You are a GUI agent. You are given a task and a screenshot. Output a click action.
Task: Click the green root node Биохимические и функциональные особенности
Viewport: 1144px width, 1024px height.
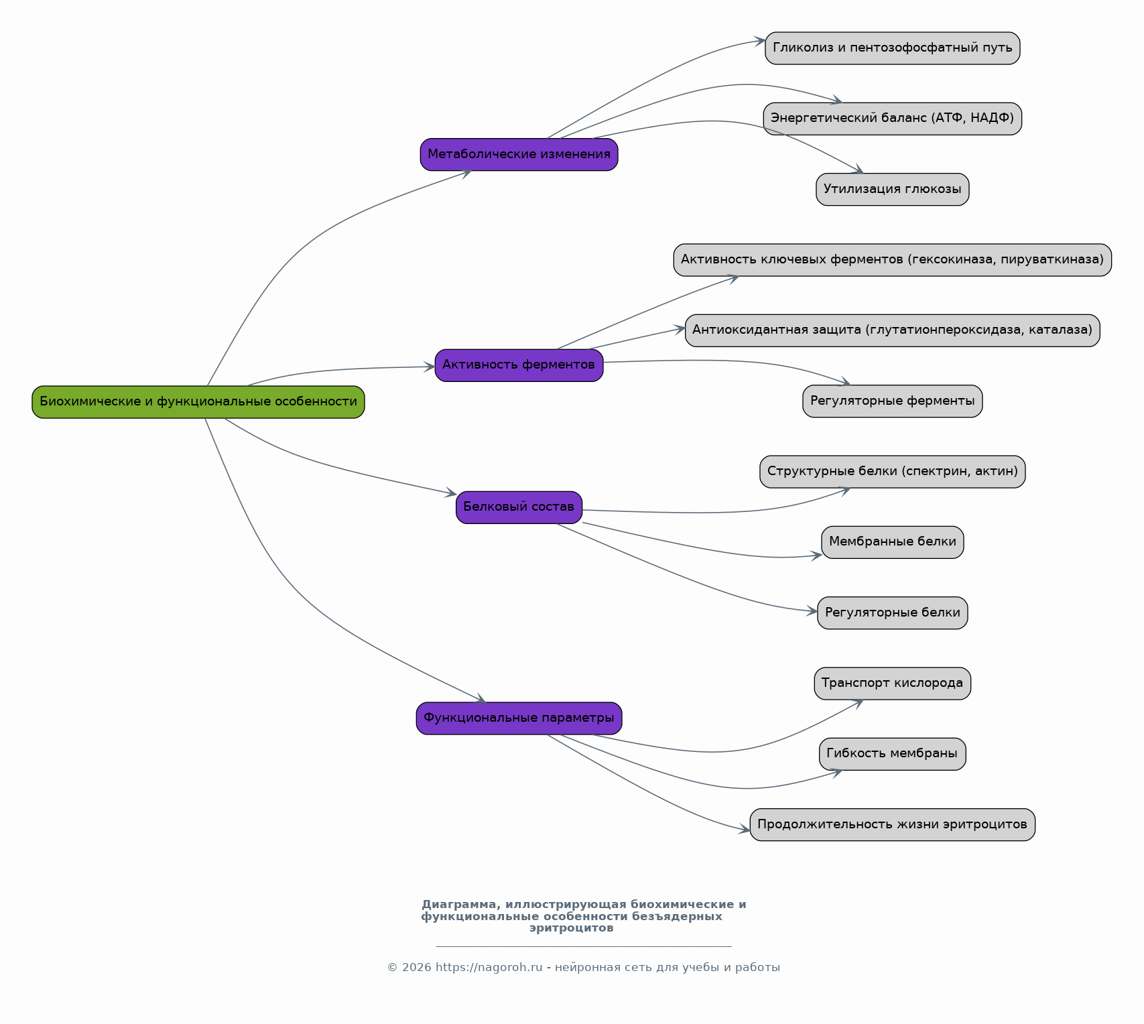198,402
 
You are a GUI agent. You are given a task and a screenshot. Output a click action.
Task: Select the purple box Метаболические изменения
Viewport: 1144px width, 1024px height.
519,155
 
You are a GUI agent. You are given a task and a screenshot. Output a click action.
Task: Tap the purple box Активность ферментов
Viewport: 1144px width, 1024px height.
519,365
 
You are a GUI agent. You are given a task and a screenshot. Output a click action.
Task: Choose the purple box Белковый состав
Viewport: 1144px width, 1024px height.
519,507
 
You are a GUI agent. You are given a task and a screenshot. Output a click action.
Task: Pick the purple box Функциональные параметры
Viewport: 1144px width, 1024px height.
519,718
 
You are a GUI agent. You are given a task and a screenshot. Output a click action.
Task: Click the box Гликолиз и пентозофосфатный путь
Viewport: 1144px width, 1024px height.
893,48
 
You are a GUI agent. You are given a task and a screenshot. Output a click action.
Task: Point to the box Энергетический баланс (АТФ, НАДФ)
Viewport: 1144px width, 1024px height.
893,119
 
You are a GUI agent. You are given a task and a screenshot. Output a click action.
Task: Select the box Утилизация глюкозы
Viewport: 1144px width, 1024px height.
893,189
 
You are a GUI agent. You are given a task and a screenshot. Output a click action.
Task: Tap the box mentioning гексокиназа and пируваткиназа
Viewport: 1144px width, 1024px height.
893,260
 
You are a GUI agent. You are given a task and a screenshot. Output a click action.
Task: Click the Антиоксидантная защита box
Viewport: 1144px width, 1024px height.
893,330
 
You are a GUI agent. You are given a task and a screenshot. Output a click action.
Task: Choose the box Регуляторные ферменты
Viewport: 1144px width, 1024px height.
893,401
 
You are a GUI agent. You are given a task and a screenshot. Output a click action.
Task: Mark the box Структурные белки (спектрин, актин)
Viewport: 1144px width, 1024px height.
893,472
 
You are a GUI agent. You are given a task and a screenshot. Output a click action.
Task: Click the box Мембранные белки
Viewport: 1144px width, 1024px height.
893,542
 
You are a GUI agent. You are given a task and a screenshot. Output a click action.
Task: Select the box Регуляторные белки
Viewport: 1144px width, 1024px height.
893,613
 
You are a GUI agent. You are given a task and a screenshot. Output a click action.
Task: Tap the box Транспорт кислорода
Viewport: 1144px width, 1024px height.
893,684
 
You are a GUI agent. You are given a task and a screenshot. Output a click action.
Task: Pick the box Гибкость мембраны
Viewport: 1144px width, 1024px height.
893,754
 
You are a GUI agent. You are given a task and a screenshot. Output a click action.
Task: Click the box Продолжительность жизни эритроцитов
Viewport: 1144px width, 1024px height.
893,824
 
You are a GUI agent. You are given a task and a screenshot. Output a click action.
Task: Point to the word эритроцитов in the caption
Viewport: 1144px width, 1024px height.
572,928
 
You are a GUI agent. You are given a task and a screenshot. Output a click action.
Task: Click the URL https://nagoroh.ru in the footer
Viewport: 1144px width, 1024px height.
489,968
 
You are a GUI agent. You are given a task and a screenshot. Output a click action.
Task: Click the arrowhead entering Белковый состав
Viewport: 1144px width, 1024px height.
450,494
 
